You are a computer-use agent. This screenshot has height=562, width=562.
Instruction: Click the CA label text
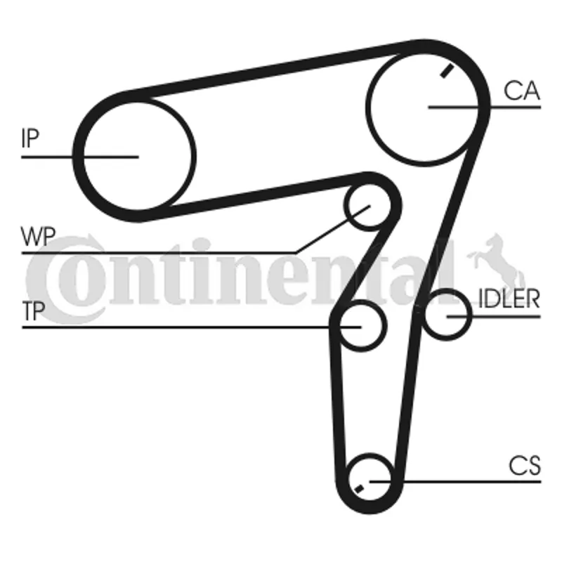521,91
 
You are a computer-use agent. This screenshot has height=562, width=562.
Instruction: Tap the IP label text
30,138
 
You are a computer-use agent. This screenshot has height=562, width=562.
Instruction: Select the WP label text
39,236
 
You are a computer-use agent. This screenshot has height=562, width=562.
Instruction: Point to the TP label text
34,311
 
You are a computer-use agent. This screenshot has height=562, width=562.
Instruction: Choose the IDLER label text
509,299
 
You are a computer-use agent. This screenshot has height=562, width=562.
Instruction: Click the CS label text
525,466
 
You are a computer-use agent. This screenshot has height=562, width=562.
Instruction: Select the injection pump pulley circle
138,156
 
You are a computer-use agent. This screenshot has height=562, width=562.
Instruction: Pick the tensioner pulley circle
361,326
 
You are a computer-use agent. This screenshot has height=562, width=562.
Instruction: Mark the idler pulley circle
447,315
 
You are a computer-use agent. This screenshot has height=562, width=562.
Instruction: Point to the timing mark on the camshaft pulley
447,71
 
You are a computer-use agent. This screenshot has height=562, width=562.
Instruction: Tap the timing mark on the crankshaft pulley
359,488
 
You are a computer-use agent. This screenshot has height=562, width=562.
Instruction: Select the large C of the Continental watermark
65,279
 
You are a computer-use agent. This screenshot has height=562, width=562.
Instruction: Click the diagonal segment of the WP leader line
332,230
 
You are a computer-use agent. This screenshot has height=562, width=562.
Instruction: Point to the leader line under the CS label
455,482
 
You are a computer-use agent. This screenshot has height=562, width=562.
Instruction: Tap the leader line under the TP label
191,327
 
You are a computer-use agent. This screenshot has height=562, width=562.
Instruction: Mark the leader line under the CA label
485,107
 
